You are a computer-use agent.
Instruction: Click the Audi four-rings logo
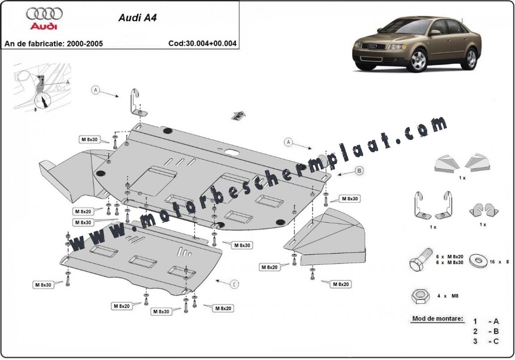44,14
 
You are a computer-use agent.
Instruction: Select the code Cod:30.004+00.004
203,44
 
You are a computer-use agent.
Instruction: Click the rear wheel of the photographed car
471,58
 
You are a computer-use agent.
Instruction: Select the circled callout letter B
359,170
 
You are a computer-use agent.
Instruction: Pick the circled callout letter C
234,284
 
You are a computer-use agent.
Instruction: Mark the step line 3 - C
486,342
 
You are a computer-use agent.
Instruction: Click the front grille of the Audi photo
371,46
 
